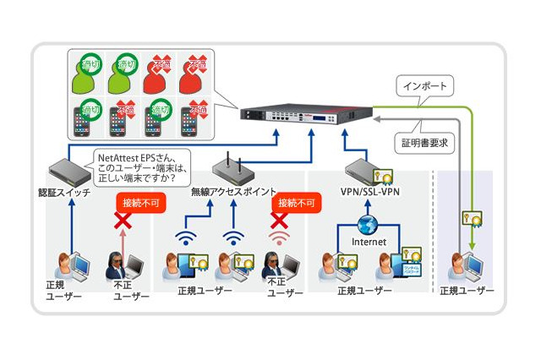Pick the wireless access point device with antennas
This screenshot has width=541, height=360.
pos(232,166)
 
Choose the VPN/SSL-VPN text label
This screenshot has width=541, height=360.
pos(369,192)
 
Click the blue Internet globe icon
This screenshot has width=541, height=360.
pos(368,226)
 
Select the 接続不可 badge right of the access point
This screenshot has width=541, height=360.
pos(295,204)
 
